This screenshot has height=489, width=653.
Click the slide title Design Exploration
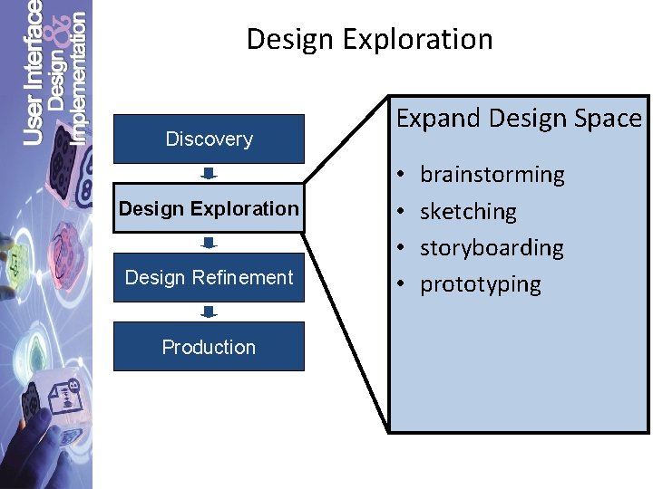pyautogui.click(x=369, y=39)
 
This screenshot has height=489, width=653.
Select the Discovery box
pyautogui.click(x=209, y=139)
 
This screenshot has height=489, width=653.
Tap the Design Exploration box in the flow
pyautogui.click(x=209, y=208)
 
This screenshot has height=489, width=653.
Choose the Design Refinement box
pyautogui.click(x=209, y=277)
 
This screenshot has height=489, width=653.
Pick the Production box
pyautogui.click(x=209, y=347)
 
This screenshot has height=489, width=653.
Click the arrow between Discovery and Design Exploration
pyautogui.click(x=209, y=173)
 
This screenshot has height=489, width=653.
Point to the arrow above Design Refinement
pyautogui.click(x=209, y=243)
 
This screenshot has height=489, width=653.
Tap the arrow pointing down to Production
pyautogui.click(x=209, y=312)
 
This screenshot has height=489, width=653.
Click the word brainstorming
pyautogui.click(x=492, y=175)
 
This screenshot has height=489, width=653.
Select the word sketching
pyautogui.click(x=468, y=212)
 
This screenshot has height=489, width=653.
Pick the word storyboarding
pyautogui.click(x=492, y=248)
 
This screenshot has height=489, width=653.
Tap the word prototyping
pyautogui.click(x=480, y=284)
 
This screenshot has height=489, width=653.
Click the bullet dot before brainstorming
pyautogui.click(x=401, y=175)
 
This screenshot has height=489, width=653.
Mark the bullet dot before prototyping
pyautogui.click(x=401, y=284)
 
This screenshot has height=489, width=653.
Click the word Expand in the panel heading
pyautogui.click(x=439, y=119)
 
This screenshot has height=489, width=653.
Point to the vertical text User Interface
pyautogui.click(x=33, y=72)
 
